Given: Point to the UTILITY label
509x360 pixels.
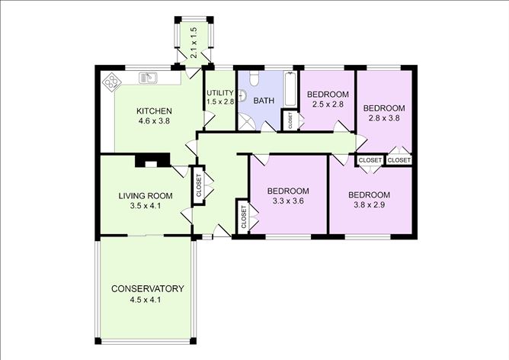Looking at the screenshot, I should pos(219,93).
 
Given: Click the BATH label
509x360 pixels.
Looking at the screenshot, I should pos(264,100).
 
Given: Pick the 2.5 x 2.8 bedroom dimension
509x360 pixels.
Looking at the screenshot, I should pos(327,105).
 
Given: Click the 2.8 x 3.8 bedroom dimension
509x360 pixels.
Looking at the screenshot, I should pos(384,118).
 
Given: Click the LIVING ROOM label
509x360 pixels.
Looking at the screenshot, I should pos(146,196).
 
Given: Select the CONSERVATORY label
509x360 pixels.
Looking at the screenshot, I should pos(147,288).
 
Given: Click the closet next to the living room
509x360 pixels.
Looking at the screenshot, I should pos(198,187).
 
